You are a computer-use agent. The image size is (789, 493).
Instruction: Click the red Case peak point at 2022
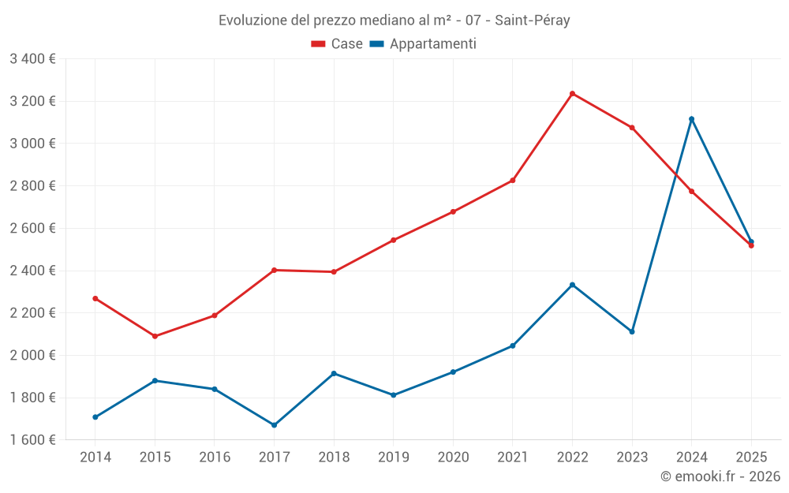[572, 94]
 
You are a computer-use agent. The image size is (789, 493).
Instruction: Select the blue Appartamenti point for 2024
[691, 119]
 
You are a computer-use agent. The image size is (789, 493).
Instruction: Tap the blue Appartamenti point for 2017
[274, 425]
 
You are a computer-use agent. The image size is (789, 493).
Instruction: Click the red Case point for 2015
[155, 336]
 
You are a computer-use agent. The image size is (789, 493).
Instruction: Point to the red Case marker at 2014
[95, 299]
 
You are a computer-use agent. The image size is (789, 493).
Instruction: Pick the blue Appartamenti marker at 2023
[632, 331]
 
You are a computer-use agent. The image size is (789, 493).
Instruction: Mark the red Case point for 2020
[453, 211]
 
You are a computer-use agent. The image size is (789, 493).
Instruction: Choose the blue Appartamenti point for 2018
[334, 373]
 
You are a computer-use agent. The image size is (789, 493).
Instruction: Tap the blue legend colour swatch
[377, 44]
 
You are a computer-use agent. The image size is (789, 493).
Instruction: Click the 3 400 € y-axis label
[32, 59]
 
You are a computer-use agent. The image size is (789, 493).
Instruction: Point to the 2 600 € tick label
[32, 228]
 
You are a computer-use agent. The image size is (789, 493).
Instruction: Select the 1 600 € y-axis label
[32, 439]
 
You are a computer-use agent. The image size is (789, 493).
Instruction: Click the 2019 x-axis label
[393, 457]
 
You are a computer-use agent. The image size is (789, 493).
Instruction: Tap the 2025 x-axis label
[750, 457]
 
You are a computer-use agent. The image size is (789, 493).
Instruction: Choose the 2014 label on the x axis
[95, 457]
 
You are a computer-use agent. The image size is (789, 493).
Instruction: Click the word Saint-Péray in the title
[533, 21]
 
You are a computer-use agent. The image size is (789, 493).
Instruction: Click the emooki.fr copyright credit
[720, 476]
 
